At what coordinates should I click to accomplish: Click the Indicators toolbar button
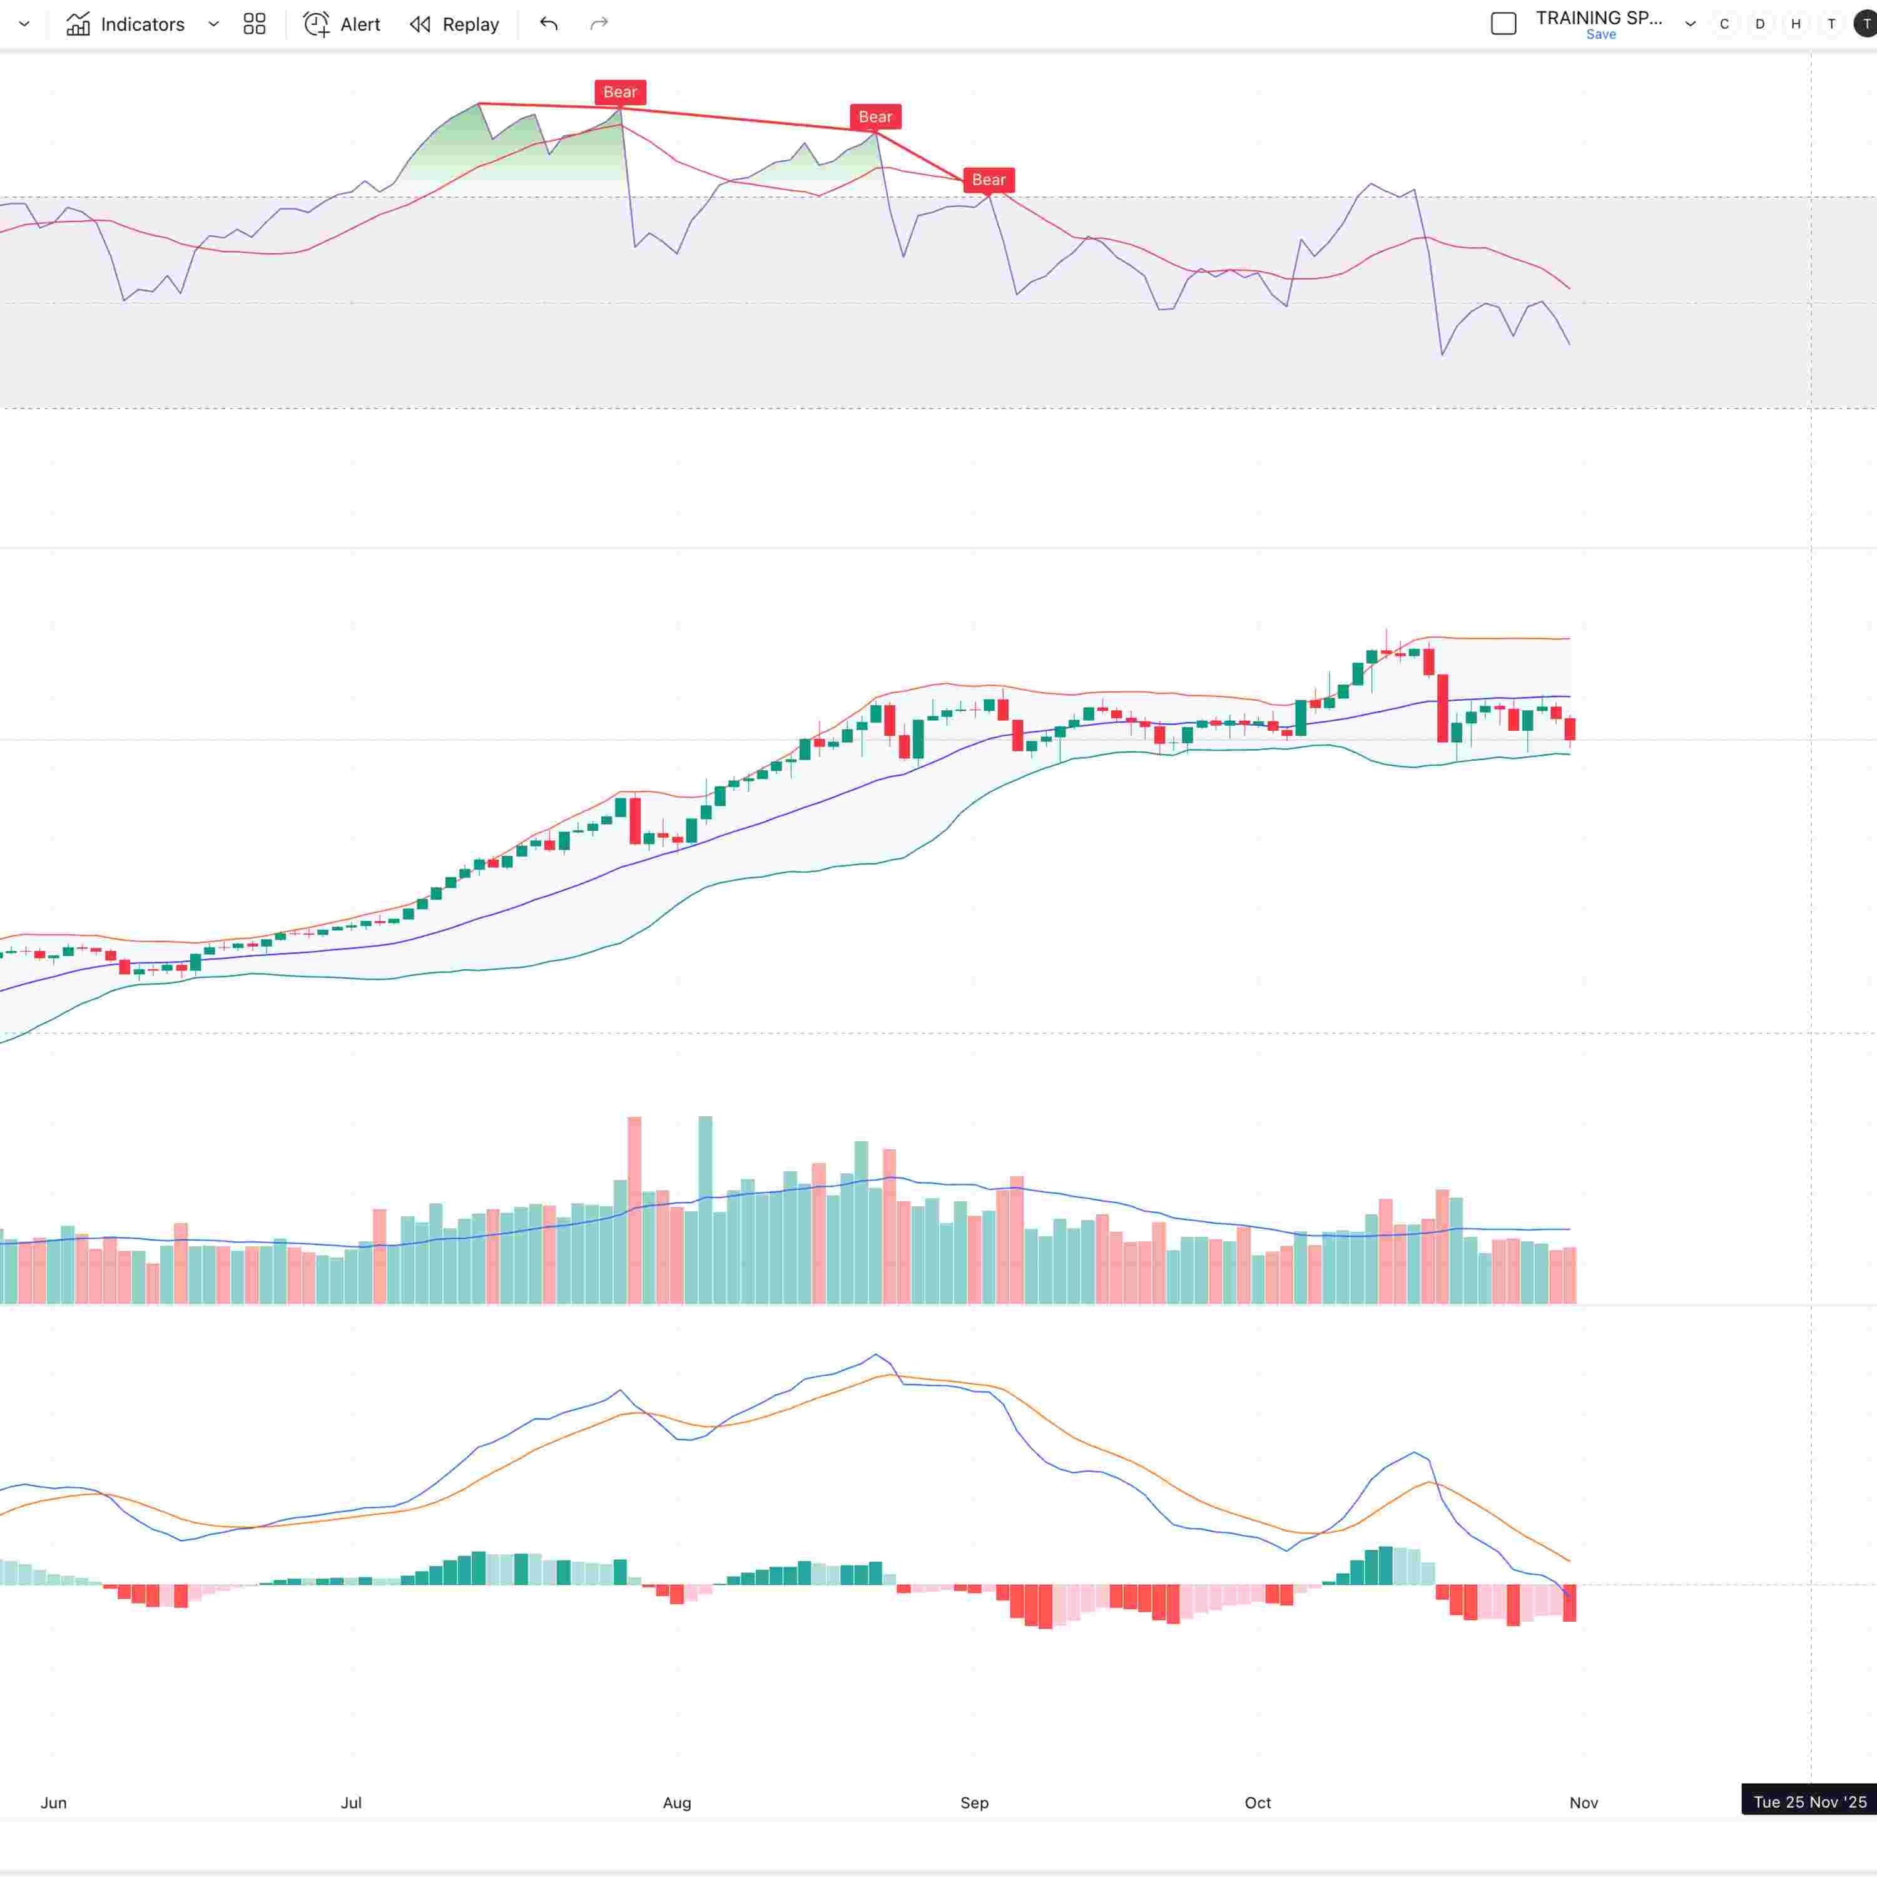point(125,24)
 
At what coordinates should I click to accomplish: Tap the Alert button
point(342,24)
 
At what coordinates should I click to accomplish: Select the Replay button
point(455,24)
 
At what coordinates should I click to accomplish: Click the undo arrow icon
point(549,24)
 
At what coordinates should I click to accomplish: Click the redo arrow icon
point(599,24)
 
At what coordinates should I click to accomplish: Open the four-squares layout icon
point(255,24)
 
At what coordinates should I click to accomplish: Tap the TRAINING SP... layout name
point(1598,18)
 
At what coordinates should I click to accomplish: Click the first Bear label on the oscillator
point(620,93)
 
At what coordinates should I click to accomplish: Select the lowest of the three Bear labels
point(988,180)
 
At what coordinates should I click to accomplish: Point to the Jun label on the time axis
point(53,1802)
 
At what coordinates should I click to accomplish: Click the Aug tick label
point(677,1802)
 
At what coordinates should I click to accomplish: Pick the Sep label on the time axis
point(974,1802)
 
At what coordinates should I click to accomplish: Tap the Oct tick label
point(1257,1802)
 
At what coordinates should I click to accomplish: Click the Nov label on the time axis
point(1584,1802)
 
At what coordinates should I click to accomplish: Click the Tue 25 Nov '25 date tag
point(1809,1802)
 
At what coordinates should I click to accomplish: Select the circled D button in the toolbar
point(1759,24)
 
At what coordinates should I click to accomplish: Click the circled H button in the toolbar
point(1796,24)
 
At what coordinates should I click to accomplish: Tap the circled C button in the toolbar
point(1724,24)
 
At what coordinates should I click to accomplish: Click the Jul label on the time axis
point(351,1802)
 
